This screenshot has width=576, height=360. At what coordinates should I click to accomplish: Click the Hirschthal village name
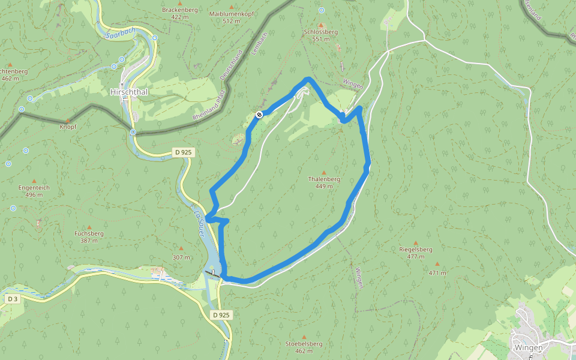(129, 92)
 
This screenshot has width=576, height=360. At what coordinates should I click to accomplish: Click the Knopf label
(68, 127)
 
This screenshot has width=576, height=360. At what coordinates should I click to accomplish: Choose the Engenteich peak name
(34, 187)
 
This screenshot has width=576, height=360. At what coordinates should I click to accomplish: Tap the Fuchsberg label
(89, 233)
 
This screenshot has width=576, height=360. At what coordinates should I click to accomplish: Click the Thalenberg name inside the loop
(324, 179)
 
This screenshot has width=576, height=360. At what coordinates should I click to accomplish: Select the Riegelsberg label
(416, 248)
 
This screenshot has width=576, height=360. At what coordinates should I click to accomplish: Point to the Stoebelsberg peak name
(304, 343)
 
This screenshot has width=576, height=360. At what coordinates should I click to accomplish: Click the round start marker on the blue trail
(259, 114)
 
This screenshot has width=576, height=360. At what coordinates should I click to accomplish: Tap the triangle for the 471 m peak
(437, 265)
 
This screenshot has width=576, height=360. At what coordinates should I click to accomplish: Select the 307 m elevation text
(181, 257)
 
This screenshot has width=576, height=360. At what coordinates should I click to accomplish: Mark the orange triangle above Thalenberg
(324, 172)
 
